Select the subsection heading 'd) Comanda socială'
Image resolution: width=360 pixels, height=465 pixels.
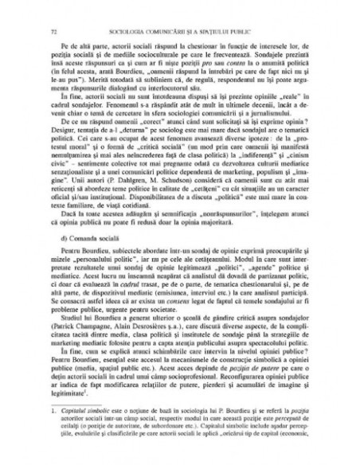(95, 239)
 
